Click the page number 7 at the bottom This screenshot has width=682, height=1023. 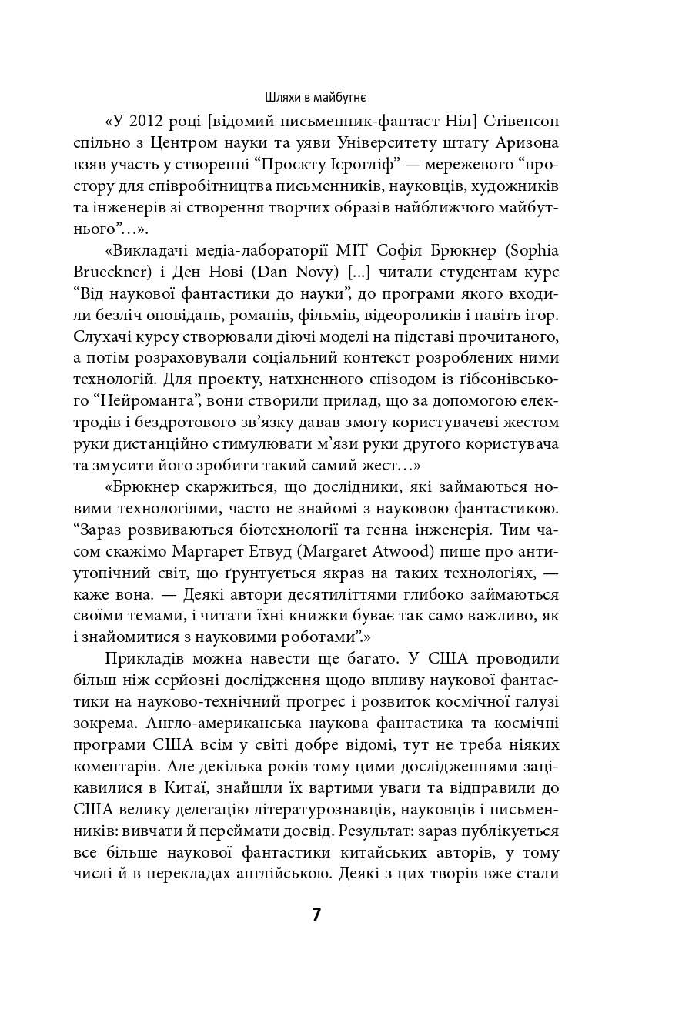pos(316,914)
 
